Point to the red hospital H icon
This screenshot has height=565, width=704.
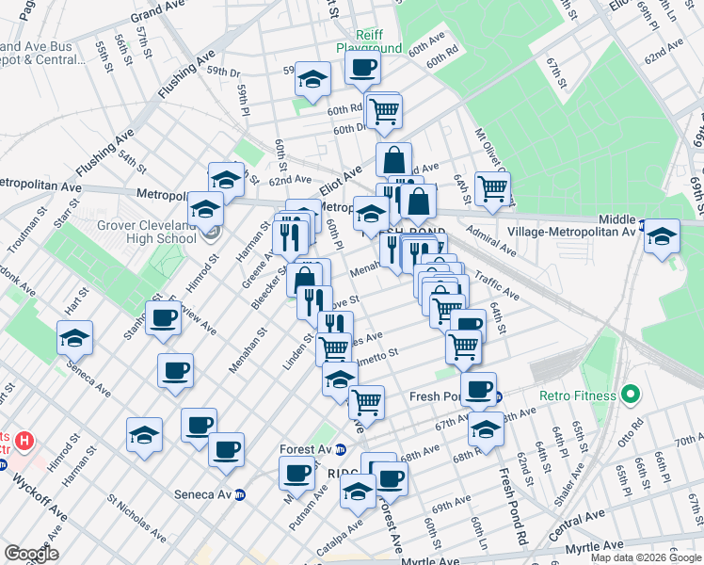click(x=25, y=440)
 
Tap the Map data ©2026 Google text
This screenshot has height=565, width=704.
click(x=647, y=557)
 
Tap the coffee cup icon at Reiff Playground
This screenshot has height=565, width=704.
click(x=361, y=67)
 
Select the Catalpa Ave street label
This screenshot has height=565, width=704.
click(x=343, y=531)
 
